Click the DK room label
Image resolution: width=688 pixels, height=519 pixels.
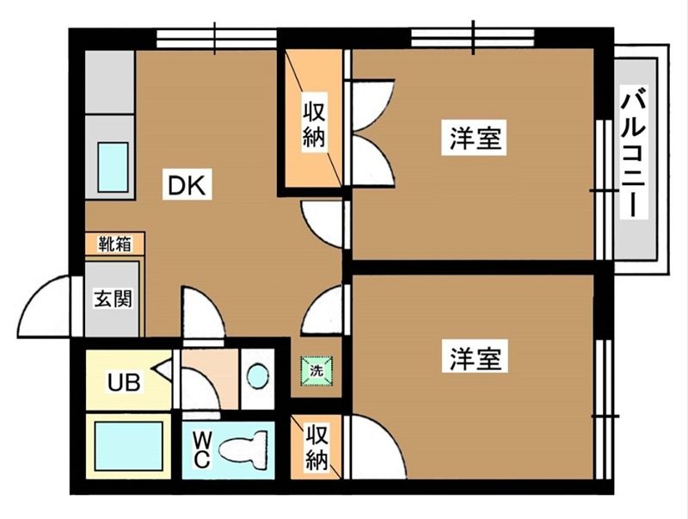pos(188,185)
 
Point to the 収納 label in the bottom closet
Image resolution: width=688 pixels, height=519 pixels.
pos(316,447)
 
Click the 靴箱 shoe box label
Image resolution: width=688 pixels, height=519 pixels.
pos(114,244)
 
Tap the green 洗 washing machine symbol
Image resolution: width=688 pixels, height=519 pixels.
pos(316,372)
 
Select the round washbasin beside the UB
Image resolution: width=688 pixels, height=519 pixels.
pos(256,375)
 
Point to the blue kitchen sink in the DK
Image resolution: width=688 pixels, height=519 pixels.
pos(112,167)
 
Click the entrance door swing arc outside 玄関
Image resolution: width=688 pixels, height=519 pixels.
pos(47,308)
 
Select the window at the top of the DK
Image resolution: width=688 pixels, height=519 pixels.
pos(216,37)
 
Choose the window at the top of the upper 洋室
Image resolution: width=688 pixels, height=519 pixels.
pos(472,37)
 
